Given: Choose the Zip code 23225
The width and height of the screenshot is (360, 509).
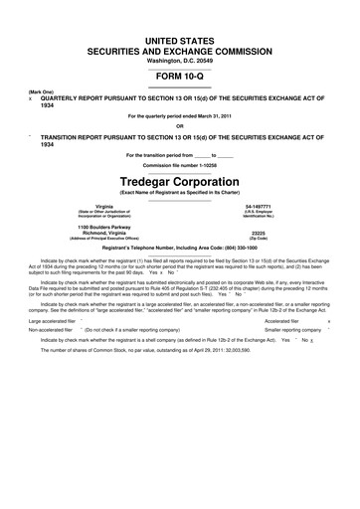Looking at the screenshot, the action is click(x=258, y=234).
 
